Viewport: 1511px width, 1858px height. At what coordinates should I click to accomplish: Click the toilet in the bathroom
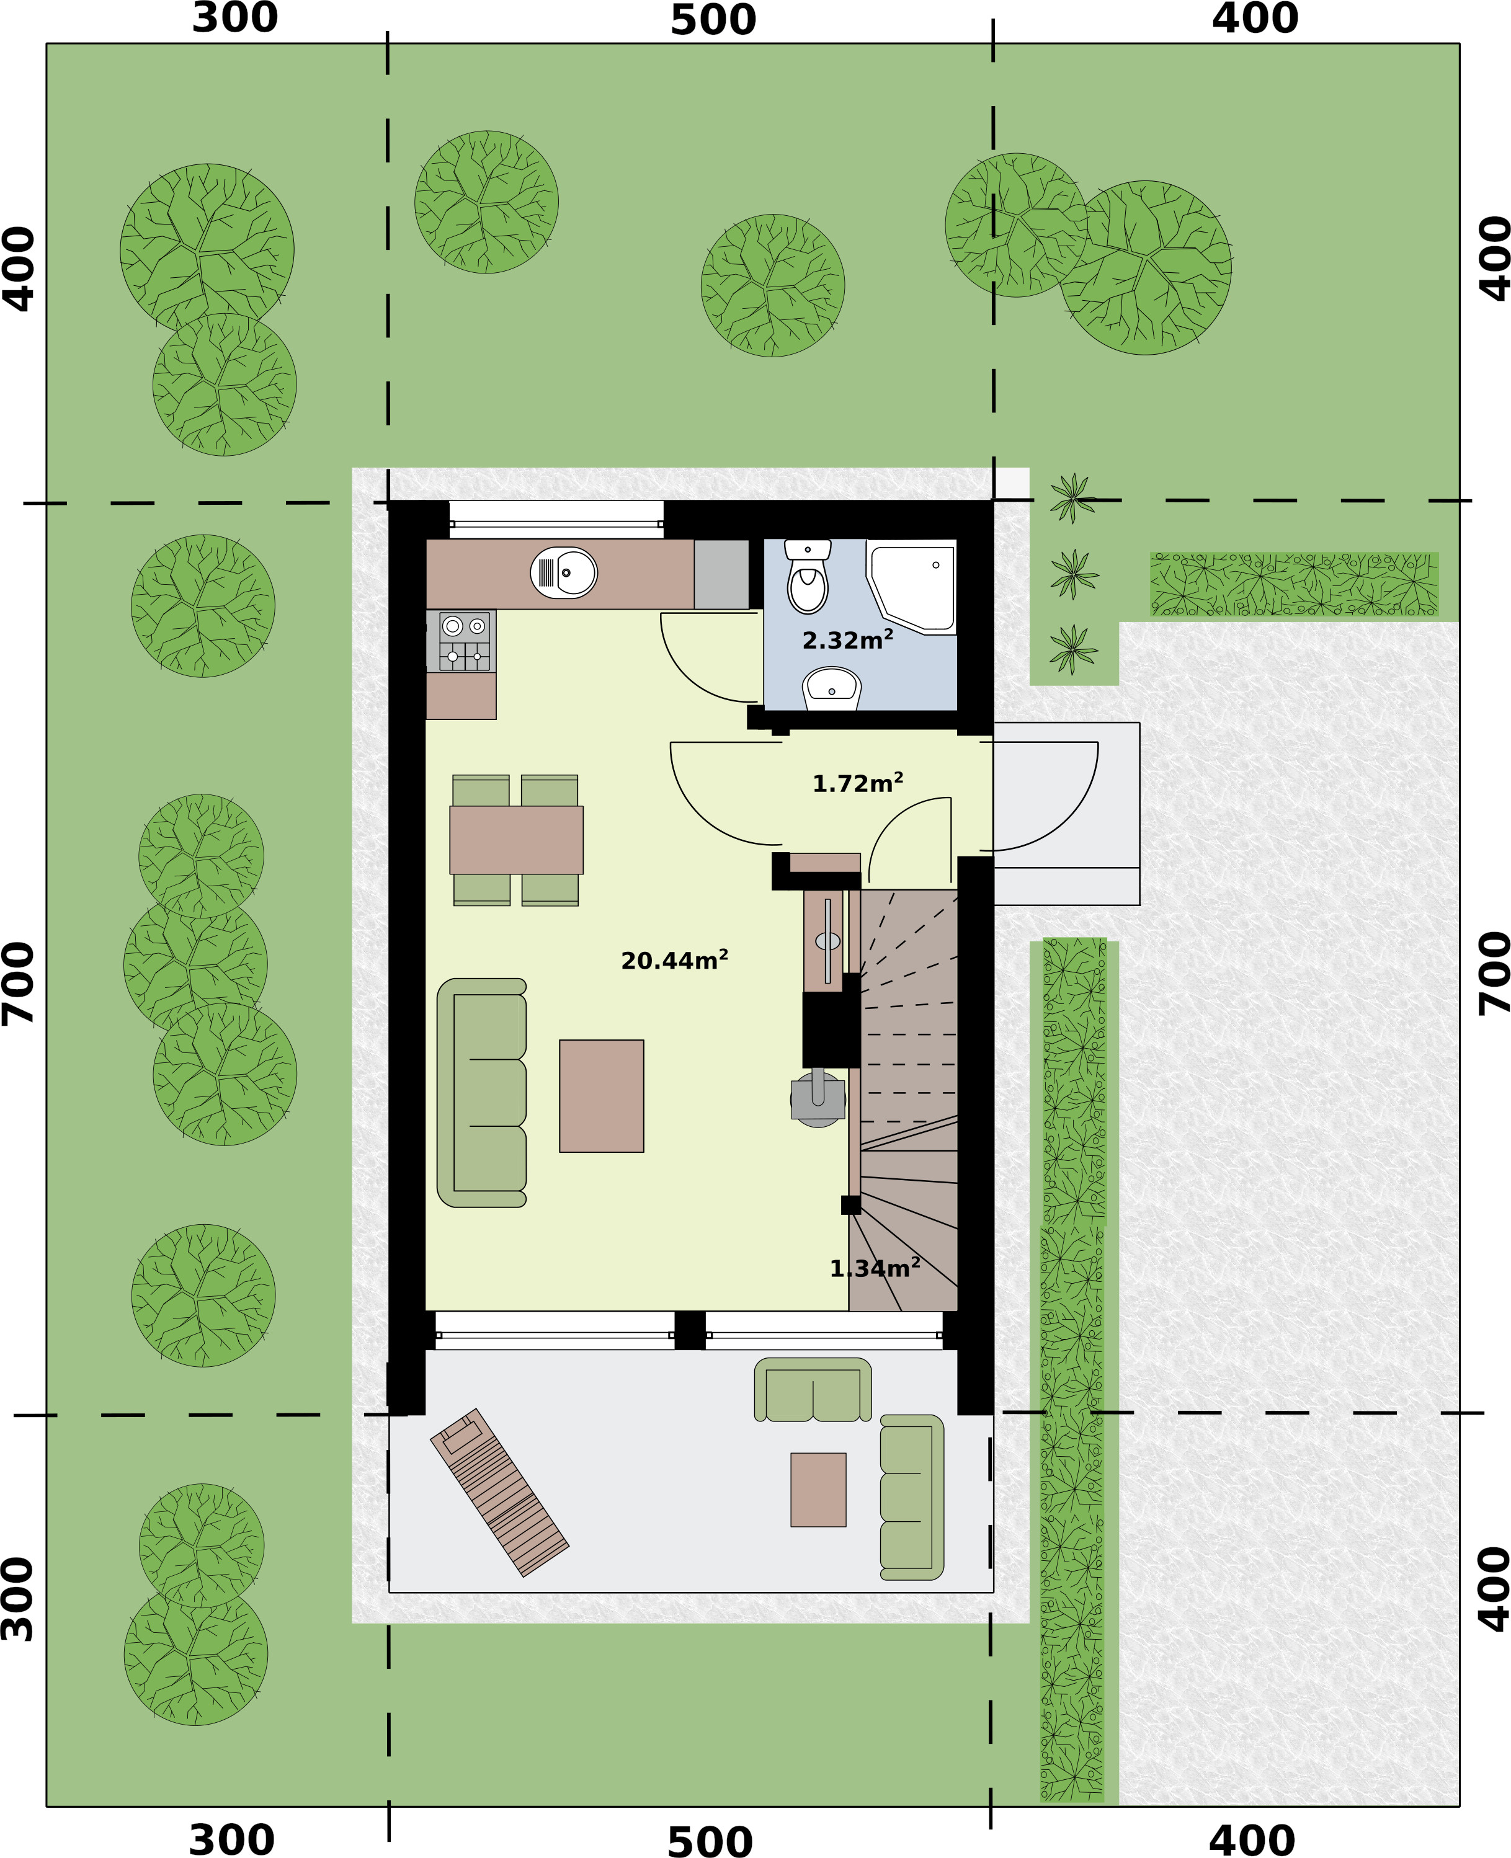[x=807, y=576]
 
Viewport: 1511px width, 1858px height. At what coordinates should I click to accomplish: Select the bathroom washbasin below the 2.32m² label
[x=831, y=688]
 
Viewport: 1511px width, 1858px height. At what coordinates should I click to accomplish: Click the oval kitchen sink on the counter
[x=564, y=572]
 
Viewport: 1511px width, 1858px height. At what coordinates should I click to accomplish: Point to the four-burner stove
[x=465, y=641]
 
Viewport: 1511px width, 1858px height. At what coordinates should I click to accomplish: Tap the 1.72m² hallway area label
[x=857, y=783]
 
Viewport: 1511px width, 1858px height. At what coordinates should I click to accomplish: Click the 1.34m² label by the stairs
[x=875, y=1268]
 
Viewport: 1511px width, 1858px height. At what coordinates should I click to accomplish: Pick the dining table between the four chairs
[x=516, y=840]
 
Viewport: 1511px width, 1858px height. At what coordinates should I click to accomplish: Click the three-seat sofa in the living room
[x=481, y=1093]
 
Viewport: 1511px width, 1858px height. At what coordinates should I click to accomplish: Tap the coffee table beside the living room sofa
[x=602, y=1096]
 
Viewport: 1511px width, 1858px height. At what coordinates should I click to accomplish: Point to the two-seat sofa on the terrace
[x=813, y=1390]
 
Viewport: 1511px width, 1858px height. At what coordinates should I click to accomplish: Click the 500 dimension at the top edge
[x=713, y=20]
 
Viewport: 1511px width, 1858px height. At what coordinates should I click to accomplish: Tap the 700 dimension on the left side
[x=18, y=982]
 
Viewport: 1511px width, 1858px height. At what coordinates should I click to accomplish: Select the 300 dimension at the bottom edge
[x=231, y=1840]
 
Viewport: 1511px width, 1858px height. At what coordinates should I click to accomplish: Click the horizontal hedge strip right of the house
[x=1295, y=584]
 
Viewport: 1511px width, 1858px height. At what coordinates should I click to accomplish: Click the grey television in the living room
[x=818, y=1099]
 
